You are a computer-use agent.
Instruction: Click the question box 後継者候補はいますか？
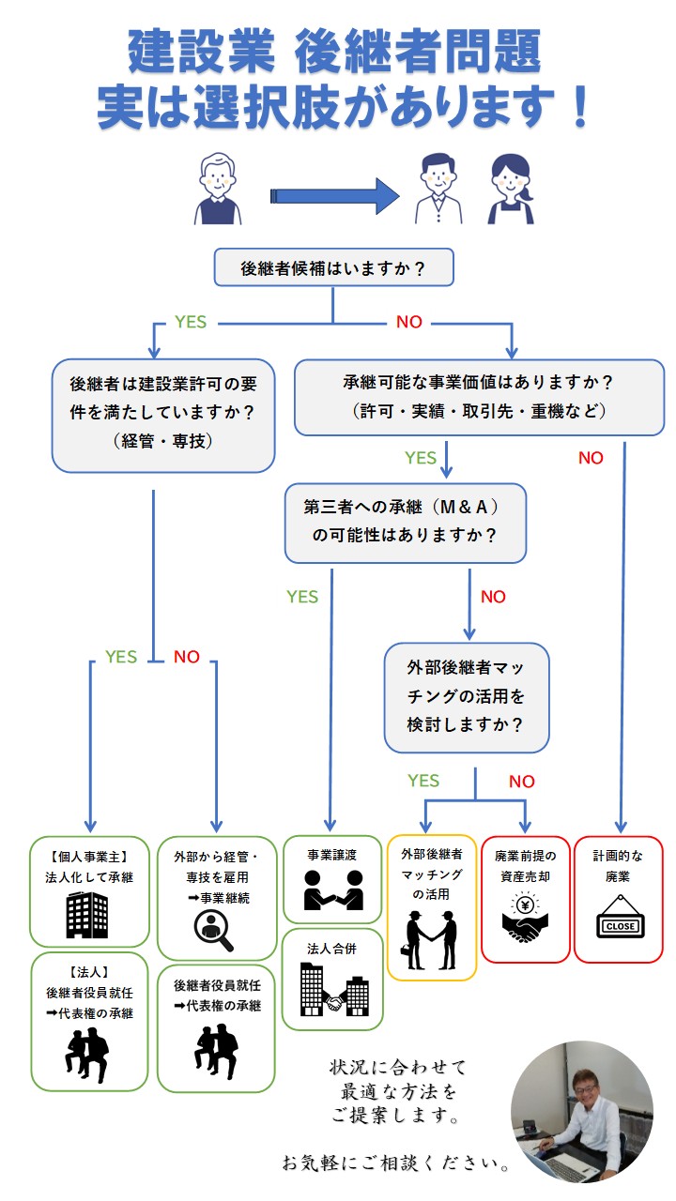[333, 268]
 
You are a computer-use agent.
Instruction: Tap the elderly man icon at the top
[219, 190]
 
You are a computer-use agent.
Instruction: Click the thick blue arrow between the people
[335, 195]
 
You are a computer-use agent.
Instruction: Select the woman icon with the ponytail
[511, 190]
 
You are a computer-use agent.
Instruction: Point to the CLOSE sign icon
[618, 919]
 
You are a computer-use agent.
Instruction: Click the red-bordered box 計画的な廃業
[618, 898]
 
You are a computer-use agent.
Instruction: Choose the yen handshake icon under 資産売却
[525, 919]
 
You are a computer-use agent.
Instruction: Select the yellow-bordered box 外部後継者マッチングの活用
[432, 906]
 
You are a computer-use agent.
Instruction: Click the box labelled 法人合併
[332, 980]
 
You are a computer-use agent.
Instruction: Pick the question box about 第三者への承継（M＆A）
[406, 523]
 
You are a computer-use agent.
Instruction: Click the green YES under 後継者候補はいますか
[191, 322]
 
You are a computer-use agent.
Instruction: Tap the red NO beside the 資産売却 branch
[521, 782]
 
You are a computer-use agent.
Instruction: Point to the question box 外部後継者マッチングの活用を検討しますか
[466, 696]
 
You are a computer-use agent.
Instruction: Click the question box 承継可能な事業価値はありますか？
[479, 396]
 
